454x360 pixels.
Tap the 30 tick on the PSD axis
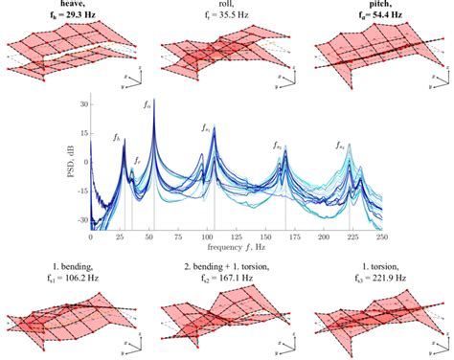click(x=82, y=103)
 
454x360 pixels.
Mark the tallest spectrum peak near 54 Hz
click(x=154, y=100)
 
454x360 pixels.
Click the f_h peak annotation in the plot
click(x=117, y=138)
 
